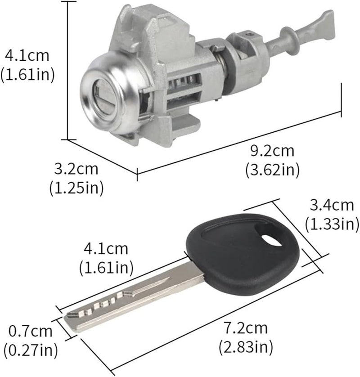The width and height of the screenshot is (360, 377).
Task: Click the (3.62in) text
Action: [x=272, y=170]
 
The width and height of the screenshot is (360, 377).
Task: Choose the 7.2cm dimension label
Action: [x=246, y=329]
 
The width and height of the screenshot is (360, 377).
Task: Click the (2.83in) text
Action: [x=246, y=346]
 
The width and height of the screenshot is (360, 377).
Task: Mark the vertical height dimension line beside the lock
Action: [x=67, y=72]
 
